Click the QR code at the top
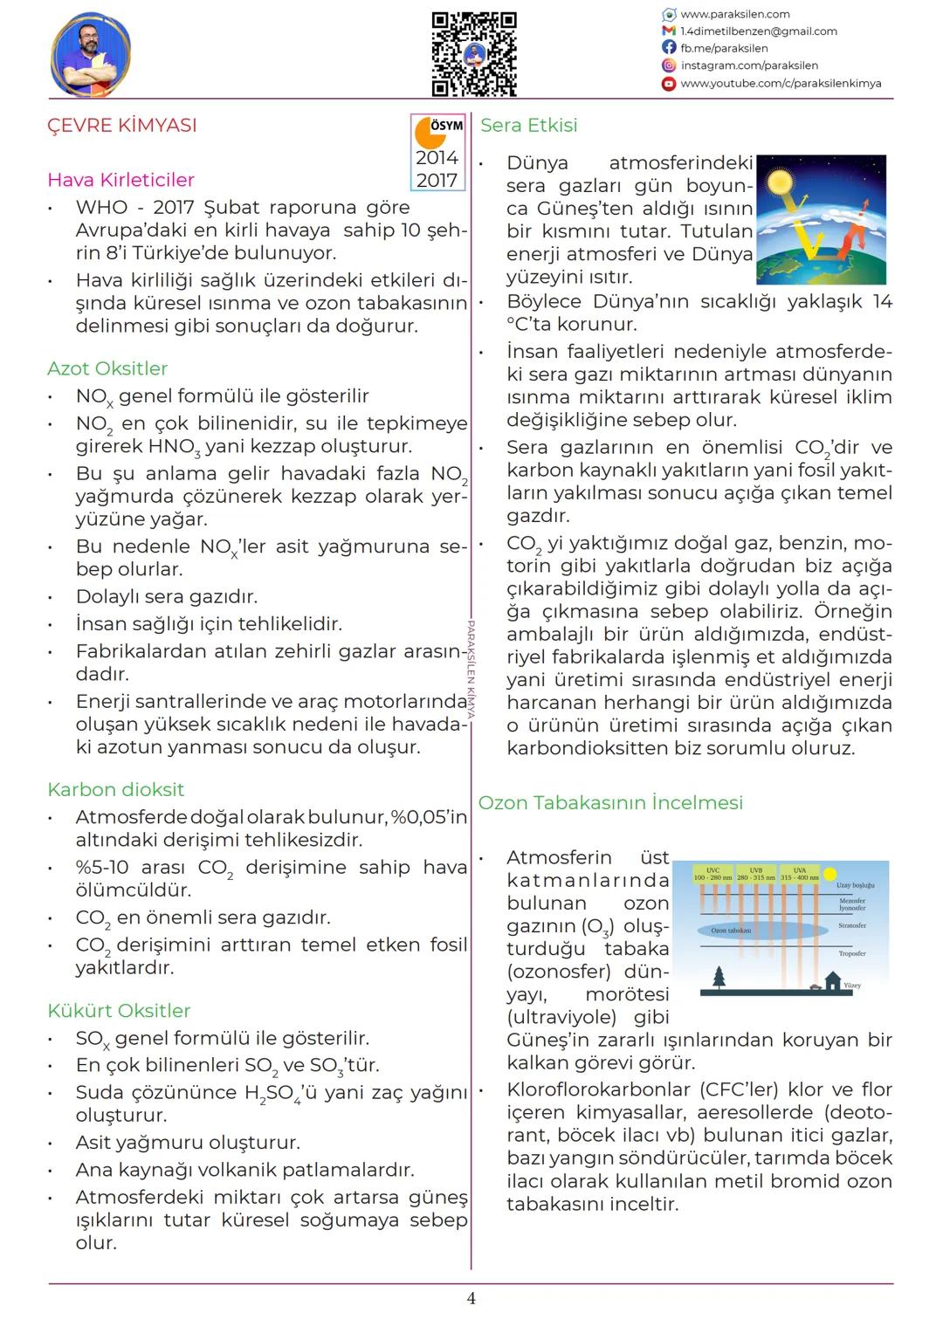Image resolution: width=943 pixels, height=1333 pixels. tap(474, 53)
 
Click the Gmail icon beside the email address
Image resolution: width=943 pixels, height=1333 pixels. tap(669, 31)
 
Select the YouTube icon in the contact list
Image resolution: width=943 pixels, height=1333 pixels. tap(669, 84)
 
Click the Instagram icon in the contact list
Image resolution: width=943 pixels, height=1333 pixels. tap(669, 65)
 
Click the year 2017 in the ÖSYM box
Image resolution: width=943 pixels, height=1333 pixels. tap(437, 180)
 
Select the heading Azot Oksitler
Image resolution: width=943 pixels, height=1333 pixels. tap(107, 368)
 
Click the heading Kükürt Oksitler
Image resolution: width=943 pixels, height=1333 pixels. tap(119, 1011)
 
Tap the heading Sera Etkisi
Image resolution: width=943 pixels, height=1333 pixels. tap(529, 125)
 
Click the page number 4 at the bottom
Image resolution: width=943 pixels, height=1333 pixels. tap(471, 1299)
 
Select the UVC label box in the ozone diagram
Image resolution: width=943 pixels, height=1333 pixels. tap(713, 874)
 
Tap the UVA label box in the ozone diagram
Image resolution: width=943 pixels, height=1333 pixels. tap(799, 874)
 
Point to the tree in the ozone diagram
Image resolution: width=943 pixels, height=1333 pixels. tap(719, 977)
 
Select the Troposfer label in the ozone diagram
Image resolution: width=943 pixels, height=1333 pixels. tap(852, 954)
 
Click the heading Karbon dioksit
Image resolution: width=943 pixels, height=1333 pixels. tap(116, 790)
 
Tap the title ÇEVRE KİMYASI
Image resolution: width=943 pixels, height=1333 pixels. tap(122, 125)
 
